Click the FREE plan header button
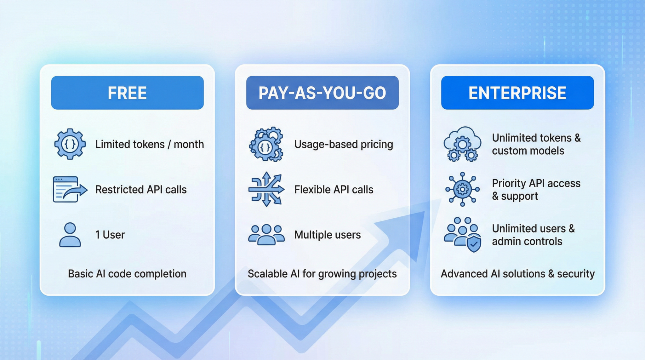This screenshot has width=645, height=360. [127, 93]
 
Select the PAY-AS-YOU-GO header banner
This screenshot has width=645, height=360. [322, 93]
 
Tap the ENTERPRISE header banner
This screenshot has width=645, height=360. [517, 93]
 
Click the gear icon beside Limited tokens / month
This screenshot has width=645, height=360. [70, 144]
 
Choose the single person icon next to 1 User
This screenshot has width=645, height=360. [70, 235]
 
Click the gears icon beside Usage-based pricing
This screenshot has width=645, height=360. [266, 145]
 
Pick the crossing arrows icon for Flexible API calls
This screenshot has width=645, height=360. [266, 189]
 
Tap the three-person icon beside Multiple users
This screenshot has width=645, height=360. [266, 235]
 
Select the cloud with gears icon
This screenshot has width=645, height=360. [462, 144]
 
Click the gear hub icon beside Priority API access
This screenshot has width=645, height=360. [462, 189]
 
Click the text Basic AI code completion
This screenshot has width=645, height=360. [127, 274]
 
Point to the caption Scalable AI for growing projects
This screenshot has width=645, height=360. [322, 274]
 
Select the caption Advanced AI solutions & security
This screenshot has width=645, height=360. [517, 274]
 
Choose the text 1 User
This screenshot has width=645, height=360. [110, 235]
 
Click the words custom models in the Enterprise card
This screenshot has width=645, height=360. [528, 151]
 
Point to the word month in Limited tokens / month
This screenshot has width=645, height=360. [189, 144]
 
